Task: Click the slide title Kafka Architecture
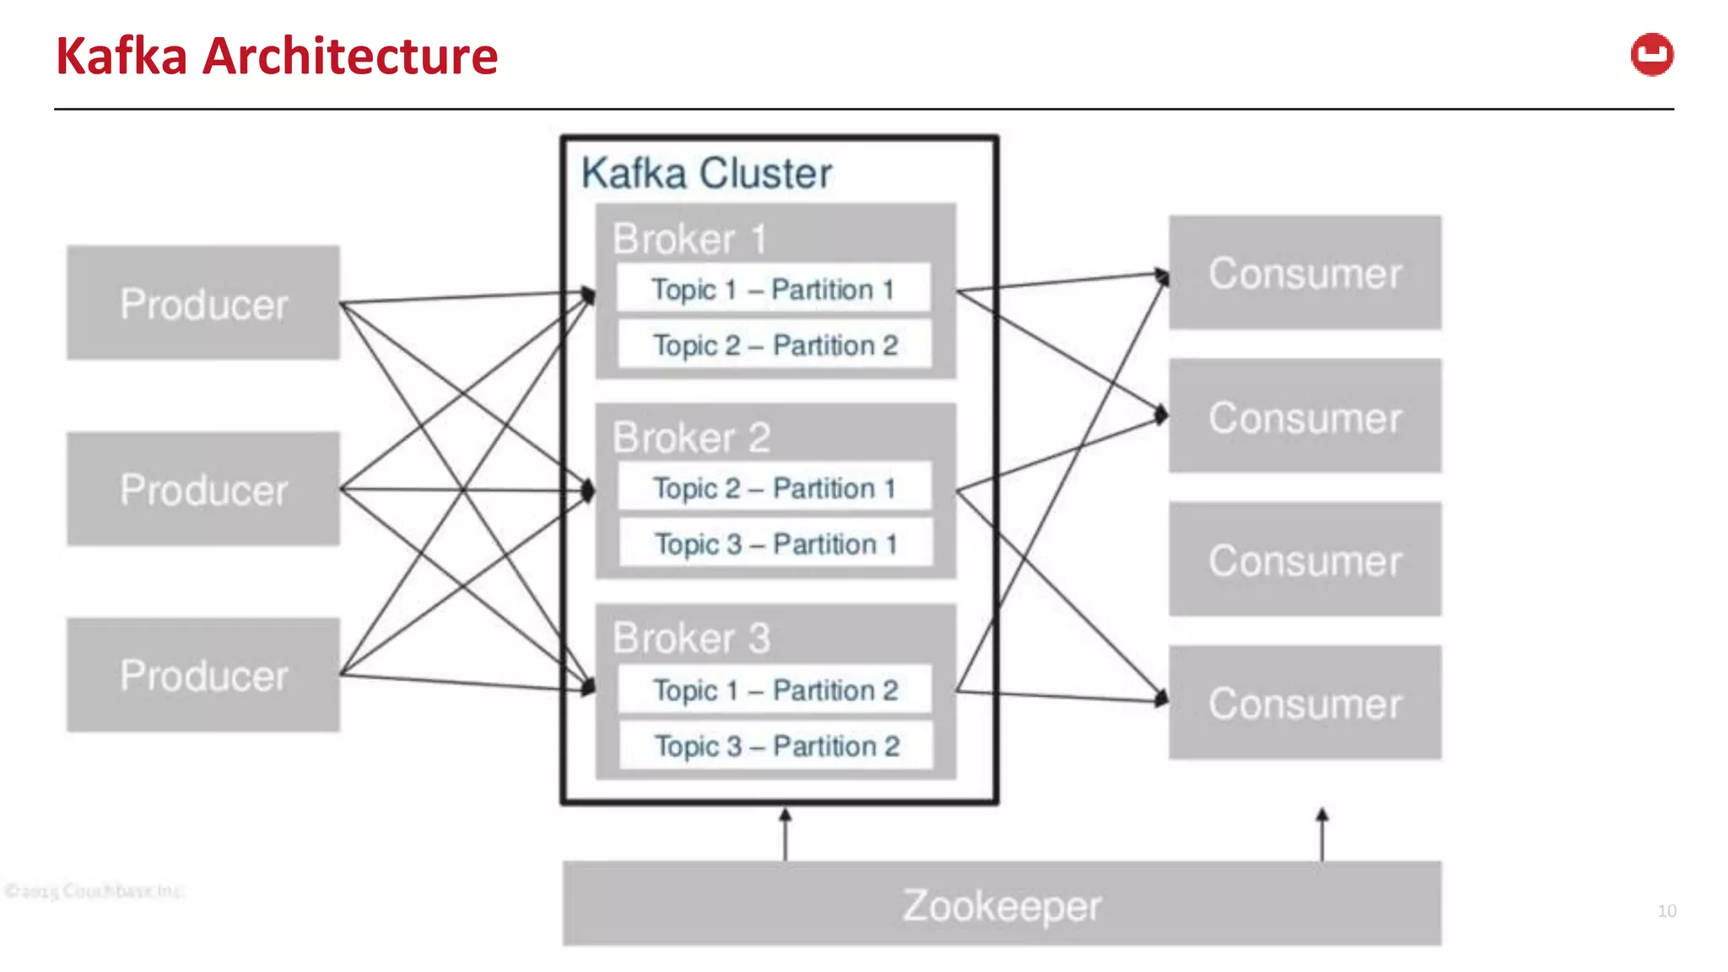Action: (x=277, y=57)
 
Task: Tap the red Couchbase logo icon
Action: (x=1651, y=56)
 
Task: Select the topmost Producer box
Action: (x=203, y=303)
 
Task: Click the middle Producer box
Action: (x=203, y=489)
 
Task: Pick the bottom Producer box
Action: (x=203, y=675)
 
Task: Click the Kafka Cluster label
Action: (x=706, y=173)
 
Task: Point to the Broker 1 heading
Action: (x=689, y=239)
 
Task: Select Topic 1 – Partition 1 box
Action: (x=774, y=289)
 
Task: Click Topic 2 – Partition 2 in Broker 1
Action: (x=775, y=345)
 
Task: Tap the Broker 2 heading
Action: (x=691, y=438)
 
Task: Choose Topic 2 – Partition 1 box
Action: (x=775, y=488)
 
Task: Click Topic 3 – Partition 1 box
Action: (x=775, y=543)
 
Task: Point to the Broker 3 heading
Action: (x=691, y=638)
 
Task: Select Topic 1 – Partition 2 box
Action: (x=775, y=690)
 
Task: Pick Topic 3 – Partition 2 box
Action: (x=776, y=746)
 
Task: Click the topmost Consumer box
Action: (x=1304, y=273)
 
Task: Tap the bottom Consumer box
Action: (x=1304, y=703)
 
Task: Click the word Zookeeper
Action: (x=1002, y=905)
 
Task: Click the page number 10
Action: (x=1666, y=911)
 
